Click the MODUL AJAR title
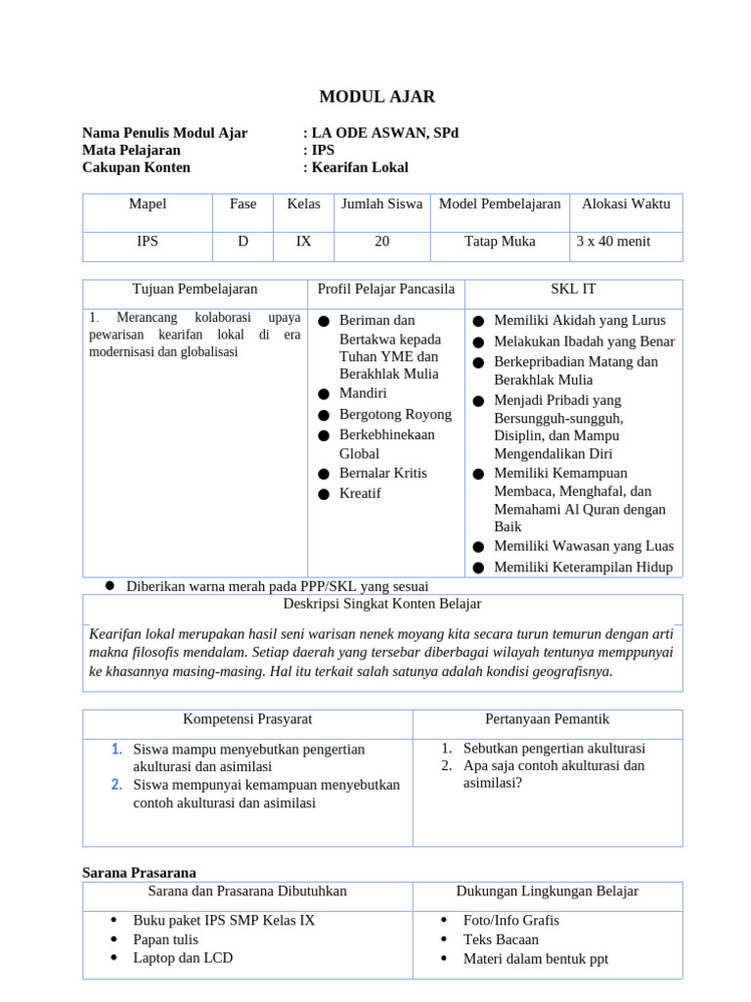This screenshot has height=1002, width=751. pyautogui.click(x=376, y=97)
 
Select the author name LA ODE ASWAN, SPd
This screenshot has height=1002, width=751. pyautogui.click(x=384, y=133)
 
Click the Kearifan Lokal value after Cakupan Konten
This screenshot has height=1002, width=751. pyautogui.click(x=360, y=167)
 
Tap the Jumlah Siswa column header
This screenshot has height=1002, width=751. pyautogui.click(x=381, y=205)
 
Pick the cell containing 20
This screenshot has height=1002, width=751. pyautogui.click(x=381, y=242)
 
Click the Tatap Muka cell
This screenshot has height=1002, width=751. pyautogui.click(x=500, y=242)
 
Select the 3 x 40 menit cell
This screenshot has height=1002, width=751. pyautogui.click(x=613, y=242)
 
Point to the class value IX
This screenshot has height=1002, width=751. pyautogui.click(x=304, y=242)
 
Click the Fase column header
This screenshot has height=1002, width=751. pyautogui.click(x=243, y=205)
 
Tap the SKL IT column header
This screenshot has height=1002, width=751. pyautogui.click(x=573, y=290)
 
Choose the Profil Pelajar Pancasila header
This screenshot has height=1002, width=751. pyautogui.click(x=386, y=290)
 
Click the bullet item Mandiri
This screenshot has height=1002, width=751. pyautogui.click(x=363, y=393)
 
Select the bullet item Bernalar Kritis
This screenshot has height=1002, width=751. pyautogui.click(x=382, y=474)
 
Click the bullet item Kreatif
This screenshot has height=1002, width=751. pyautogui.click(x=359, y=494)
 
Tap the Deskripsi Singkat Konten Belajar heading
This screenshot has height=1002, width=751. pyautogui.click(x=381, y=605)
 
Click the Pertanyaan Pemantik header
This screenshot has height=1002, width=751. pyautogui.click(x=547, y=719)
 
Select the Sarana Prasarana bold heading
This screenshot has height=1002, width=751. pyautogui.click(x=139, y=873)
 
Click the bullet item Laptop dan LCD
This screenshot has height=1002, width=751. pyautogui.click(x=183, y=959)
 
